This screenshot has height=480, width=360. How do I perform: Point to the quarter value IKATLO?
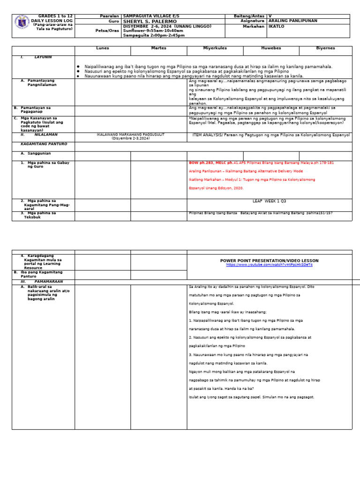tap(277, 26)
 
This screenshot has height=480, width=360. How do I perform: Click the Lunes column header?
tap(102, 48)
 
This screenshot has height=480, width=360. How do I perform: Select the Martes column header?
tap(158, 48)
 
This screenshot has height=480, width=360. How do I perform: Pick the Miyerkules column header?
tap(215, 48)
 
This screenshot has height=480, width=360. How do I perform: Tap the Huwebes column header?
tap(271, 48)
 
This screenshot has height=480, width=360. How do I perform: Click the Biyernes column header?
tap(326, 48)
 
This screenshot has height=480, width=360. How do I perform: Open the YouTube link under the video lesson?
tap(269, 265)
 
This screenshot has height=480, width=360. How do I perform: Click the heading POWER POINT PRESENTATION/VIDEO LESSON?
tap(269, 261)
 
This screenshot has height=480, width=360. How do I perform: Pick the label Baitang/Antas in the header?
tap(249, 16)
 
